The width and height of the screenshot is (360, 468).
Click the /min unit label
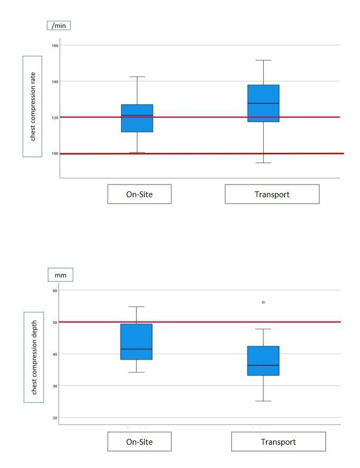59,25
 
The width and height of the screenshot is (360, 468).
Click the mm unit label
60,275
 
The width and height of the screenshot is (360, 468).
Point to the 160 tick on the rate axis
55,45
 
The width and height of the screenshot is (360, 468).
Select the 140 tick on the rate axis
55,81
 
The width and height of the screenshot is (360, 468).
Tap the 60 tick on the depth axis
54,290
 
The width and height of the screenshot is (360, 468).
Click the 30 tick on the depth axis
54,386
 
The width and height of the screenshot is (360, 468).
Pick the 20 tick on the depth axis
54,418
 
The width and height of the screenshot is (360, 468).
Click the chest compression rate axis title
32,106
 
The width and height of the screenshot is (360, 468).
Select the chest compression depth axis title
34,357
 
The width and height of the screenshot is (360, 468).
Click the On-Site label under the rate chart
139,194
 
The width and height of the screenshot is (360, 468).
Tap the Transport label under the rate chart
272,194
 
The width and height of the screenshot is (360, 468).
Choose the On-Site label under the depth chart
139,442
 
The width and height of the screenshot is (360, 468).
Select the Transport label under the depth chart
278,442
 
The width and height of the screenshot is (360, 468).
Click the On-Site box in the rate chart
137,118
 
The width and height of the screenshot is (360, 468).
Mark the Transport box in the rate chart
263,103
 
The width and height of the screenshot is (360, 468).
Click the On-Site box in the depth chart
136,342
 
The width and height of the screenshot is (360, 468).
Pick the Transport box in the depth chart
263,361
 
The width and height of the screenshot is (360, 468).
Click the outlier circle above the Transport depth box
263,302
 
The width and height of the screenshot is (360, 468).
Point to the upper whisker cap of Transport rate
263,60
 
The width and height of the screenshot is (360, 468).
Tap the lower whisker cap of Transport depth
263,401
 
